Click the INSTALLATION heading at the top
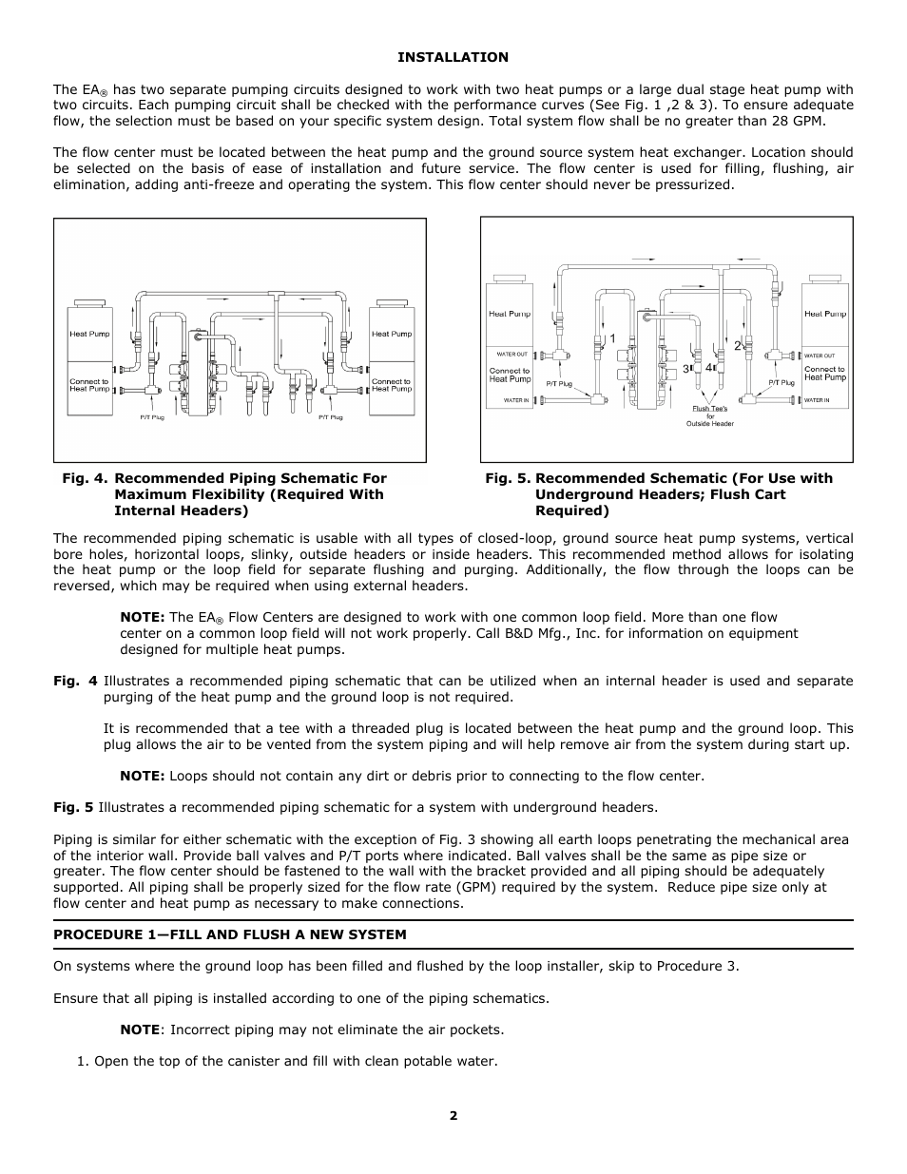pos(453,57)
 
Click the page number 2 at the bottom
pos(453,1116)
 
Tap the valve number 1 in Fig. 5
pos(612,338)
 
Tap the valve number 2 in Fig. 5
pos(736,347)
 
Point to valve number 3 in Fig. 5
pos(684,368)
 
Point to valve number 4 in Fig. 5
pos(708,367)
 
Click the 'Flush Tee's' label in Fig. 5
pos(709,409)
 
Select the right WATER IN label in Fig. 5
pos(817,400)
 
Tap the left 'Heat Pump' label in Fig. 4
pos(89,334)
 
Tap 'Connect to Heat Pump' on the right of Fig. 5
pos(824,373)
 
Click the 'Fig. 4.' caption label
pos(85,478)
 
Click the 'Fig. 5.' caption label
pos(507,478)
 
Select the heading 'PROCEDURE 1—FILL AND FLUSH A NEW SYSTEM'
pos(229,934)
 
